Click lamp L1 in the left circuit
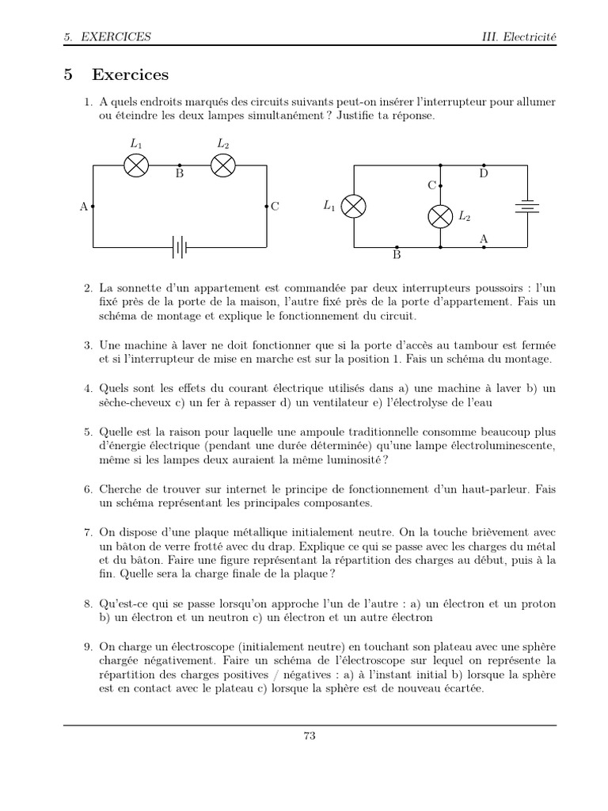[x=137, y=165]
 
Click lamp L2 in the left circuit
[x=223, y=165]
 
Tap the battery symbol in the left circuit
[x=180, y=248]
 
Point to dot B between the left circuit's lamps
[x=180, y=165]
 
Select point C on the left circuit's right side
[x=267, y=206]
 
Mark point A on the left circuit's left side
[x=93, y=206]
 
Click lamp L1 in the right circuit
[x=353, y=206]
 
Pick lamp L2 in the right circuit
[x=440, y=215]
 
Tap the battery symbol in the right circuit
[x=527, y=206]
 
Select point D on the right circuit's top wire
[x=484, y=165]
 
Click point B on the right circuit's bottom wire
[x=397, y=247]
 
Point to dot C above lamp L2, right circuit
[x=440, y=185]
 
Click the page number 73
[x=310, y=736]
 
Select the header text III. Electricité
[x=519, y=36]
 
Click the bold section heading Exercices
[x=130, y=75]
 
